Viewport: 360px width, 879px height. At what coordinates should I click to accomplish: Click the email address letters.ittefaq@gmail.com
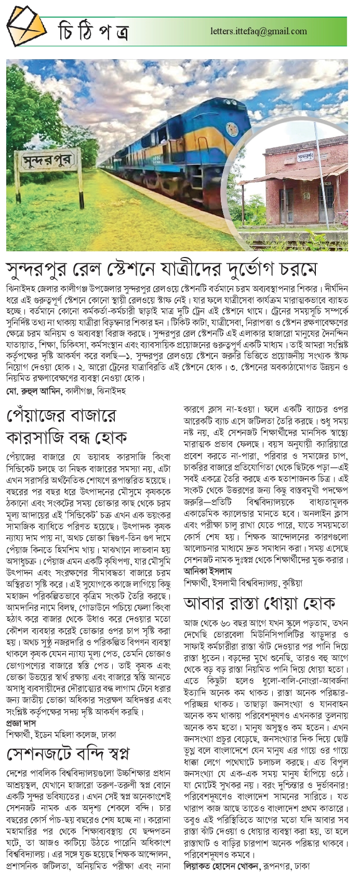pos(259,31)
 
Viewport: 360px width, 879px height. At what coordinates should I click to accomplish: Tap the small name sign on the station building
pos(305,155)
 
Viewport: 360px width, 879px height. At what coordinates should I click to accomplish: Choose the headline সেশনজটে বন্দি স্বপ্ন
pos(68,753)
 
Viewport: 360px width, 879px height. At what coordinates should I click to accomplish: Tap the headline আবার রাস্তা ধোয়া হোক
pos(259,603)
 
